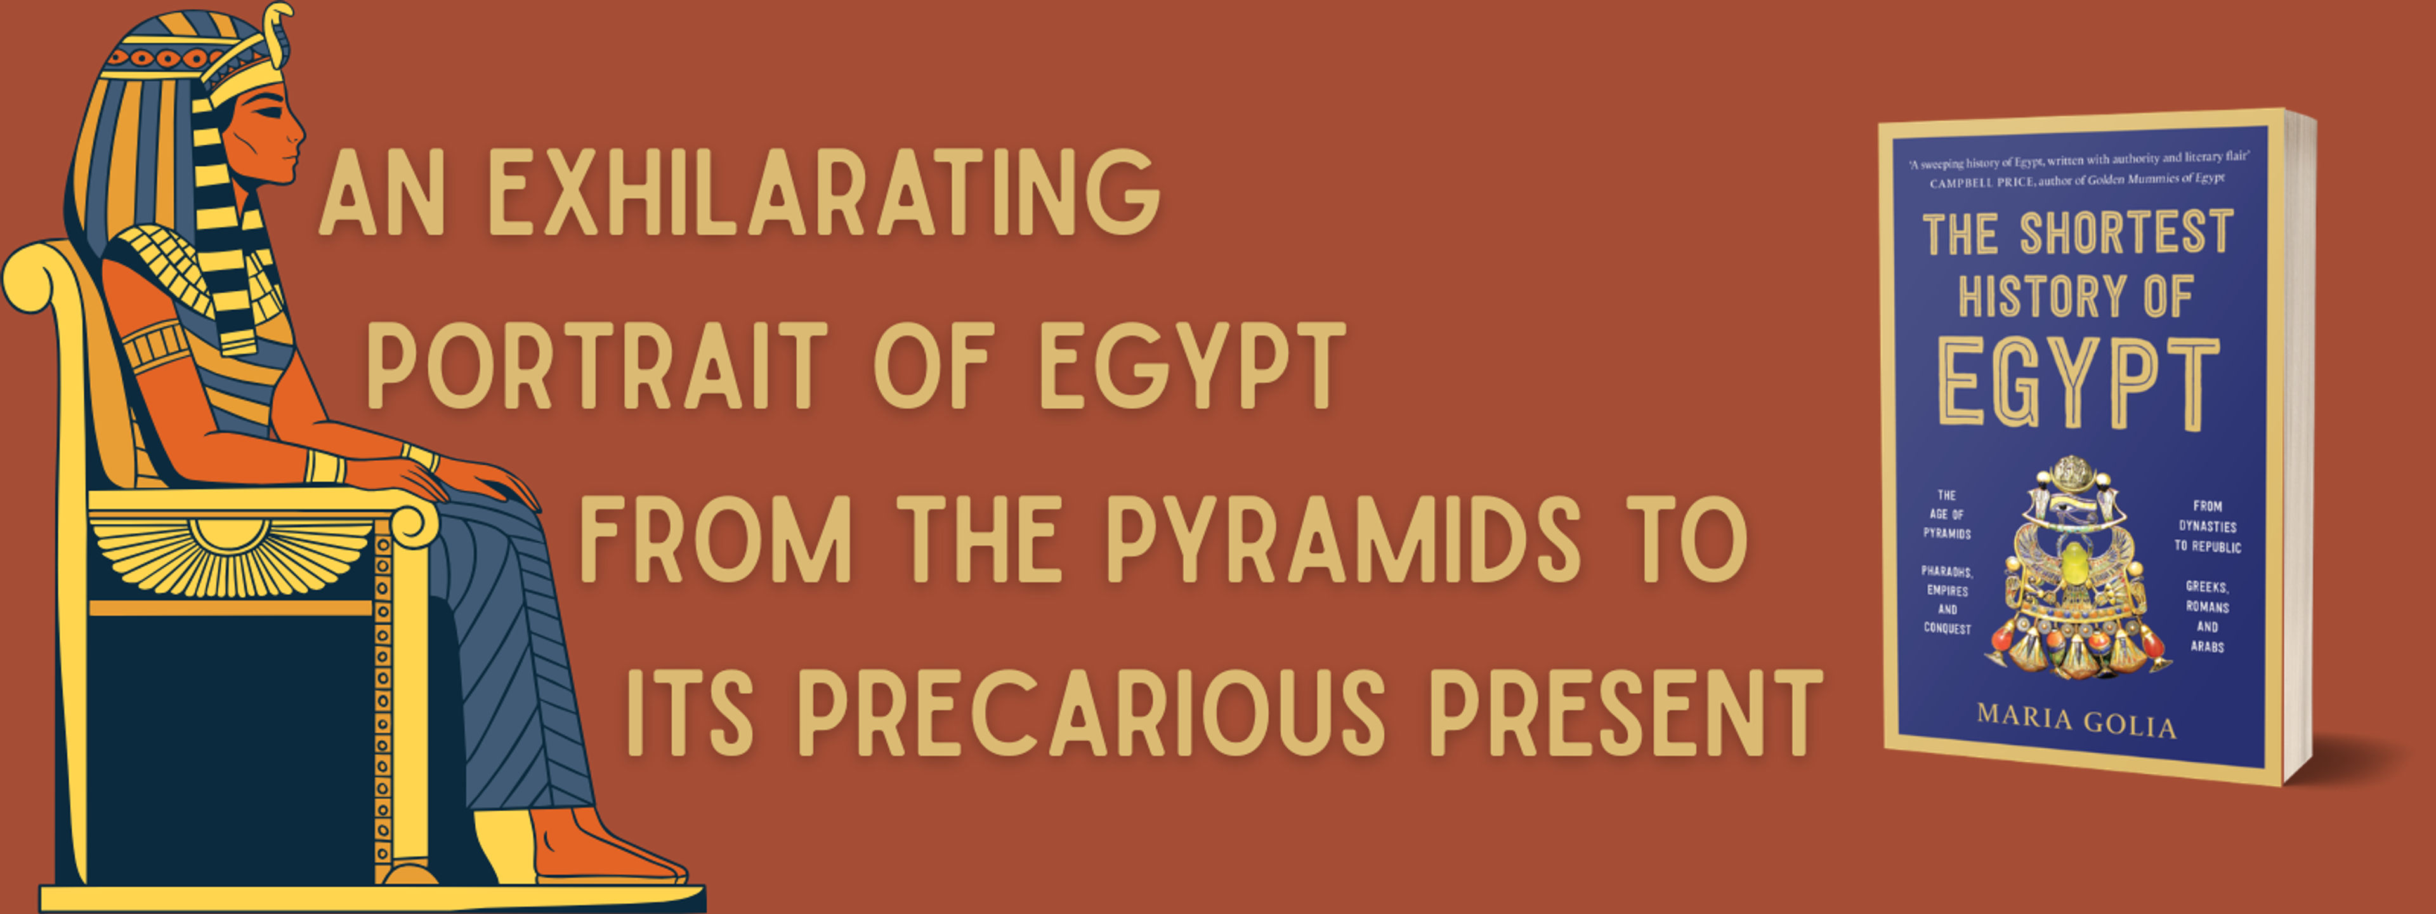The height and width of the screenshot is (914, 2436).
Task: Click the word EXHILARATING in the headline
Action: point(823,192)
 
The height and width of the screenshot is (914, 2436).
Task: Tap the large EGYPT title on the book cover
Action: point(2077,383)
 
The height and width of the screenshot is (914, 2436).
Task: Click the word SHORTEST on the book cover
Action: point(2127,233)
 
